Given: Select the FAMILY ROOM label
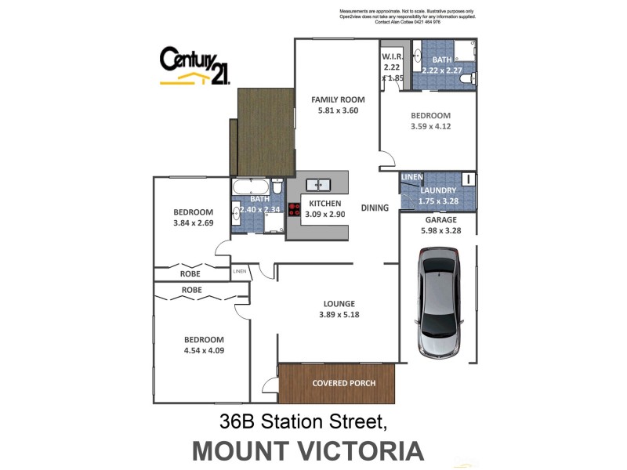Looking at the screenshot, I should click(338, 99).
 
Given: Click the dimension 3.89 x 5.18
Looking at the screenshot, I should click(338, 315).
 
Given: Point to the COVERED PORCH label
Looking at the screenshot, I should click(343, 383).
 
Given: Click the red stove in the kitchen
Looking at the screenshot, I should click(295, 209).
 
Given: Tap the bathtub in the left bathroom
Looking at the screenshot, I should click(250, 187).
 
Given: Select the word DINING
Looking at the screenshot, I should click(375, 208).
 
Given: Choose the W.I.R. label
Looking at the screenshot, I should click(391, 58).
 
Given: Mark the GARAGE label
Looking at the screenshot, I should click(441, 220).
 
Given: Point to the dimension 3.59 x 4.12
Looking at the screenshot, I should click(430, 125).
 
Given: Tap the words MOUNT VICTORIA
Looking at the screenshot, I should click(308, 450).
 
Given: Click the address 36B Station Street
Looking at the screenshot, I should click(304, 422).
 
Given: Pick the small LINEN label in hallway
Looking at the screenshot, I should click(240, 272).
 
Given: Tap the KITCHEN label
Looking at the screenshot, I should click(324, 203).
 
